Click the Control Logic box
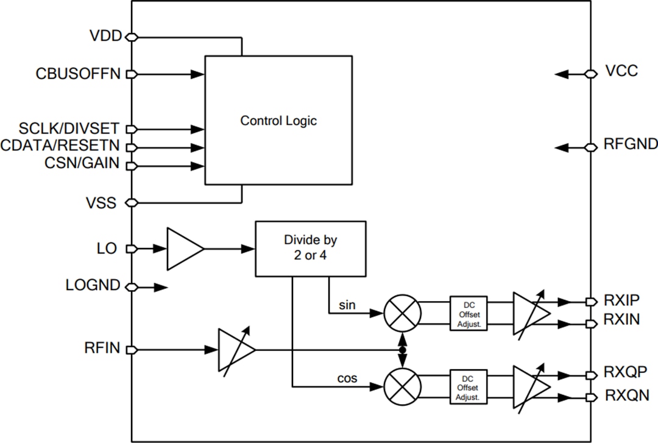[278, 120]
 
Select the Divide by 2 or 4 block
[311, 249]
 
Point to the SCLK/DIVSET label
[69, 129]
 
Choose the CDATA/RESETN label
[60, 147]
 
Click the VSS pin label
[102, 202]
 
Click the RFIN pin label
[102, 349]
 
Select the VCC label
[621, 71]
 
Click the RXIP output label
[621, 300]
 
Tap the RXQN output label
[622, 396]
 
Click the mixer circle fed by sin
[402, 313]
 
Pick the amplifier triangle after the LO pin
[183, 249]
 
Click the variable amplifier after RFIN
[235, 350]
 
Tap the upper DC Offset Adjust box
[469, 313]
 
